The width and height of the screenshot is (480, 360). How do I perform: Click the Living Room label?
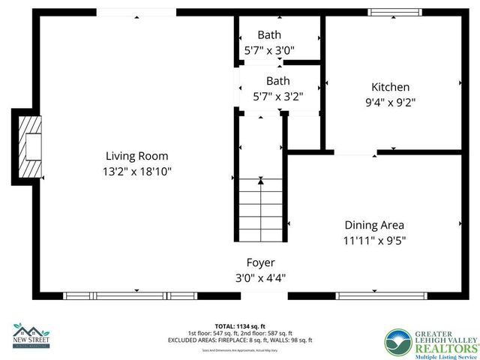click(136, 156)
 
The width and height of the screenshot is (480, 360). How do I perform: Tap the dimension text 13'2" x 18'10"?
click(136, 171)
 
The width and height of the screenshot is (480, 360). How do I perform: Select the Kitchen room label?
click(390, 86)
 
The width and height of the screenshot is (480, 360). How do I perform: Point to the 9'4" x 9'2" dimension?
click(390, 101)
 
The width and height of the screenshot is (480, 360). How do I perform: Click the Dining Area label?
click(374, 225)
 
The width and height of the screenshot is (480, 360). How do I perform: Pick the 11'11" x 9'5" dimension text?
click(374, 241)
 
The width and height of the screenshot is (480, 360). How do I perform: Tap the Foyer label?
click(261, 262)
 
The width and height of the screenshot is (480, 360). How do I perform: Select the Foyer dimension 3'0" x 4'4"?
click(261, 277)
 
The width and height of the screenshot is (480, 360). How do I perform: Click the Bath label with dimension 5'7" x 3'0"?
click(269, 34)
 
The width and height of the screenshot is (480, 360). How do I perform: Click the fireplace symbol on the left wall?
click(30, 146)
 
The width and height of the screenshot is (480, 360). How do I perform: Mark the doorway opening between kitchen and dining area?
click(355, 152)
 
